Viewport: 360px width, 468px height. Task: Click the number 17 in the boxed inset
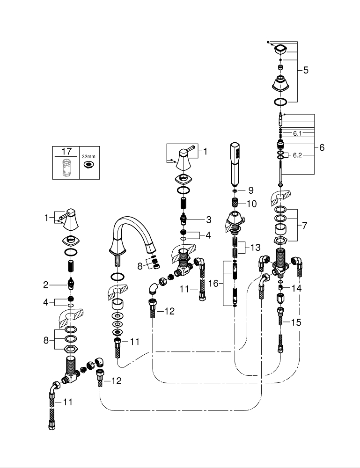66,152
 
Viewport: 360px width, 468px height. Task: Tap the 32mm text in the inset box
88,157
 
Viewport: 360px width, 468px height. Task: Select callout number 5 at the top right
306,70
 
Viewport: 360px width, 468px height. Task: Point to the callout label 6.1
298,133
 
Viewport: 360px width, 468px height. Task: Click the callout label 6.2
298,155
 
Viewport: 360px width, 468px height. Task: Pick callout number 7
305,226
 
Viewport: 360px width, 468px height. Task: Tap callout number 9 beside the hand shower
251,190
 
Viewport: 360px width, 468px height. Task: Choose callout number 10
252,204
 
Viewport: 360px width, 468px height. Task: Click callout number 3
209,219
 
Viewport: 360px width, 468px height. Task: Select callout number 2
45,284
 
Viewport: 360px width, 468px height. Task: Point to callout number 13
255,247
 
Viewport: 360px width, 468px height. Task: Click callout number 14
296,288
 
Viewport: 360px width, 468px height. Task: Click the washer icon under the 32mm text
88,165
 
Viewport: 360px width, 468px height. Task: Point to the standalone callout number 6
322,147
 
